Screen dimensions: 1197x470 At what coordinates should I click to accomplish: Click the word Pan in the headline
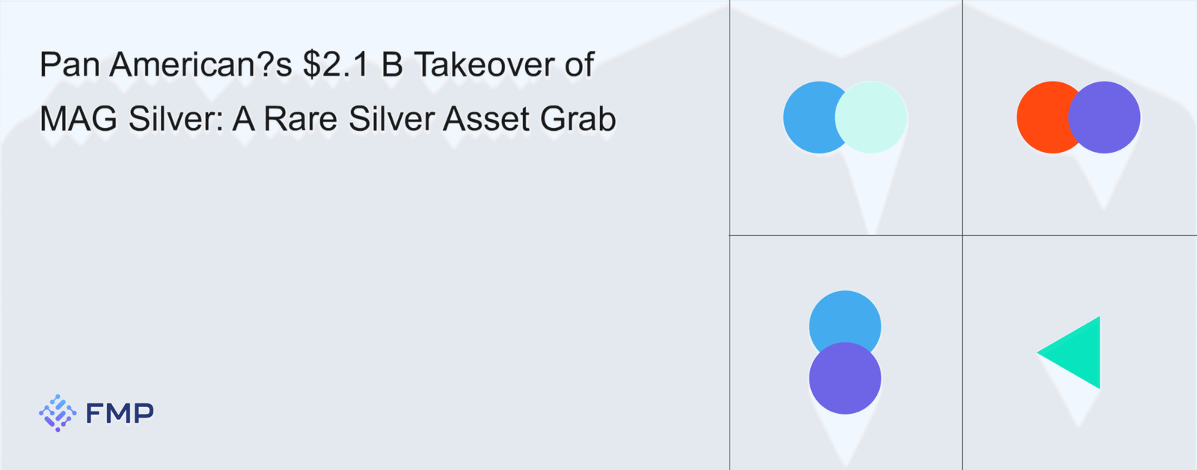[x=70, y=64]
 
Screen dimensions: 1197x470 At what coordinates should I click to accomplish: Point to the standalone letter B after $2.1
[x=392, y=64]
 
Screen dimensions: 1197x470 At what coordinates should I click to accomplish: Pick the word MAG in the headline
[x=79, y=119]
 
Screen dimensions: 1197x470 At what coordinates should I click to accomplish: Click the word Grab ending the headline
[x=578, y=119]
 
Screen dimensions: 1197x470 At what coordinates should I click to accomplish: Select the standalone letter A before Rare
[x=243, y=119]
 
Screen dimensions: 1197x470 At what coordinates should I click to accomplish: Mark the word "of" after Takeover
[x=579, y=64]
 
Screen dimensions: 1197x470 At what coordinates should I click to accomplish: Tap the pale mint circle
[x=871, y=117]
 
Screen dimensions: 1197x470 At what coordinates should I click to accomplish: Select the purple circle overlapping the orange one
[x=1104, y=117]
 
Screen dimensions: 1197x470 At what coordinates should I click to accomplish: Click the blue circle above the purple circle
[x=845, y=317]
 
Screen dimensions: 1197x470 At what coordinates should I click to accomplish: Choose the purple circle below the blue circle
[x=845, y=378]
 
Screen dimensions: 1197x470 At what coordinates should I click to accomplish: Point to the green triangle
[x=1078, y=353]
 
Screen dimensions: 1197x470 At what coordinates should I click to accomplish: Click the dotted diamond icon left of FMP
[x=58, y=413]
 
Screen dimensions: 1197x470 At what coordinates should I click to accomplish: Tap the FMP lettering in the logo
[x=120, y=413]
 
